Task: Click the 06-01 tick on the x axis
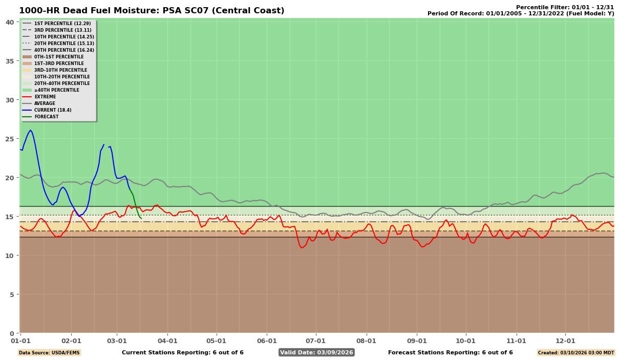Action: (x=267, y=341)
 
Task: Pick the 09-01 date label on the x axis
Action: (x=417, y=341)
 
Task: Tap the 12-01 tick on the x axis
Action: (x=565, y=341)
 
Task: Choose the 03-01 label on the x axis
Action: (x=117, y=341)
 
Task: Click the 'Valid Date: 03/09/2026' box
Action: (x=316, y=352)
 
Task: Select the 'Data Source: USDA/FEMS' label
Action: (x=49, y=352)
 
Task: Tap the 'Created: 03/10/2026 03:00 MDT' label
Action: (x=575, y=352)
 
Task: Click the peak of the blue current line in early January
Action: (x=30, y=130)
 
